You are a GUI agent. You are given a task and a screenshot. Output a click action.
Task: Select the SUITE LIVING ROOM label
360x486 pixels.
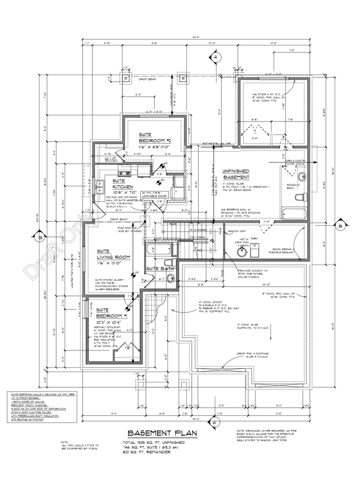(x=115, y=254)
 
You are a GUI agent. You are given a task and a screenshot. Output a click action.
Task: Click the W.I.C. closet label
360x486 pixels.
(x=111, y=159)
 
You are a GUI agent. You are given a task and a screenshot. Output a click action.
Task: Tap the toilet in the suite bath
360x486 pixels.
(x=170, y=278)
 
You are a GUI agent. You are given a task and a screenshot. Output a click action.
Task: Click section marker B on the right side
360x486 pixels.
(x=341, y=226)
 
